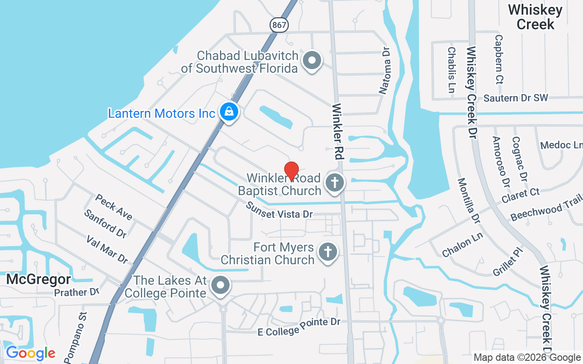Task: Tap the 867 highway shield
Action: [x=279, y=25]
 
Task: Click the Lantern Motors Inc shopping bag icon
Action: [x=229, y=111]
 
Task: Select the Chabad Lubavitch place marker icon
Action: [x=312, y=60]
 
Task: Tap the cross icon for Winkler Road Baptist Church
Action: [x=335, y=183]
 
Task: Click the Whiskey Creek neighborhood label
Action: [x=536, y=17]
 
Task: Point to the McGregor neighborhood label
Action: [x=38, y=279]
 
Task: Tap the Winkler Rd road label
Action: [x=338, y=131]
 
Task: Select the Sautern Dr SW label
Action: [x=516, y=98]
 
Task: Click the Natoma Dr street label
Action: [x=385, y=72]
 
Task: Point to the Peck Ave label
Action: [x=114, y=207]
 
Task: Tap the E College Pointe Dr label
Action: [x=299, y=327]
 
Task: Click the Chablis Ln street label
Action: [x=451, y=70]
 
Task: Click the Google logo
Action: [x=31, y=353]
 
